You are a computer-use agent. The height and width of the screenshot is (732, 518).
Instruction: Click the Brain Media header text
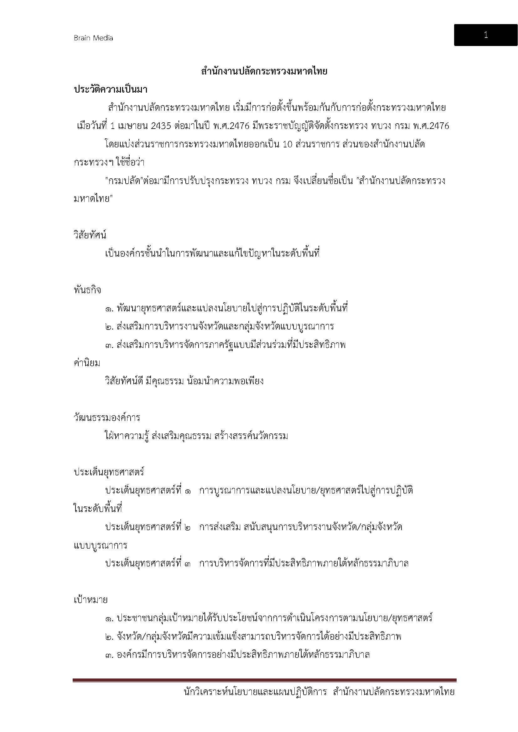93,38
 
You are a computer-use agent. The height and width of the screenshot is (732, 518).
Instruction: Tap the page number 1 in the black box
485,35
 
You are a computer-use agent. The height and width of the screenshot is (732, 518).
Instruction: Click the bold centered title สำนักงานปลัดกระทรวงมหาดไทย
264,71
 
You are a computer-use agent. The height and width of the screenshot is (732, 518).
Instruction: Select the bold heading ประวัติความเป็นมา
110,89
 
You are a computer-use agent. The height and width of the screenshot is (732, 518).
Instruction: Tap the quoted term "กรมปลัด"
124,181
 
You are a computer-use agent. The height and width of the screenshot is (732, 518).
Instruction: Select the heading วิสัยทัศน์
90,235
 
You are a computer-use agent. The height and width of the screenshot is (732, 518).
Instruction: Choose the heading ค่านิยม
87,363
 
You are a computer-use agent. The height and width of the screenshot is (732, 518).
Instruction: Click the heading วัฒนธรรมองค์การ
107,418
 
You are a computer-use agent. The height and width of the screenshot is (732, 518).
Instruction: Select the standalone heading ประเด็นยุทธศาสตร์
109,472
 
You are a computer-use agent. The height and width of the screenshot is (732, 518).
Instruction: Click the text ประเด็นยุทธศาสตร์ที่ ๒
148,527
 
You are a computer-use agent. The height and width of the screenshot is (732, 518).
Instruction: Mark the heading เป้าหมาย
91,600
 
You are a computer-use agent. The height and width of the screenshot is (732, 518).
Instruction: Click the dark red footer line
264,680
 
